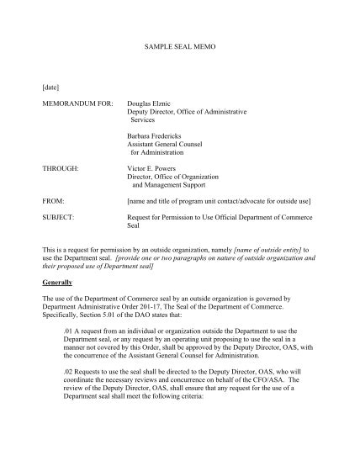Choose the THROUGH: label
pos(61,168)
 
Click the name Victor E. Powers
pos(153,168)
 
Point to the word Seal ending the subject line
pos(135,225)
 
